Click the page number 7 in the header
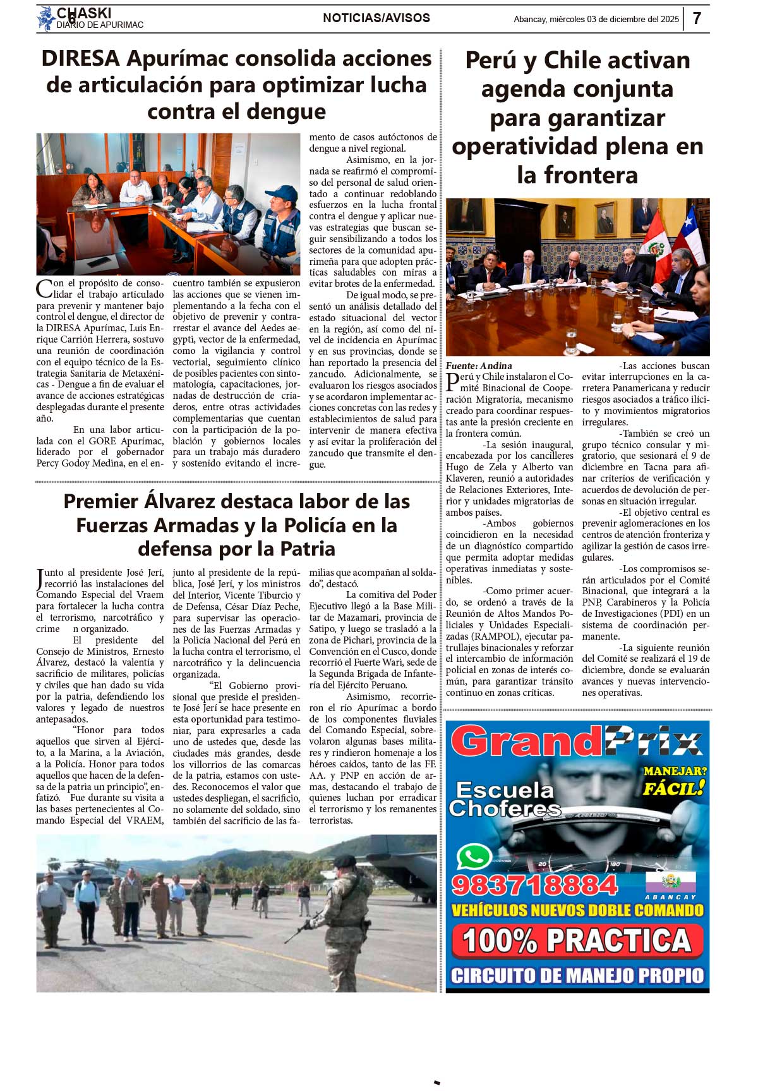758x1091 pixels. coord(697,18)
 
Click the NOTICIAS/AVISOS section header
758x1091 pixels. coord(376,18)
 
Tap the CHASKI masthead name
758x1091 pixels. coord(84,13)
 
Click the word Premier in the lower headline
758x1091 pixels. coord(101,501)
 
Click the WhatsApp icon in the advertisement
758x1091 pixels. coord(474,857)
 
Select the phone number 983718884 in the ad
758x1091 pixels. coord(534,885)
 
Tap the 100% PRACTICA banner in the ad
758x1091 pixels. coord(577,941)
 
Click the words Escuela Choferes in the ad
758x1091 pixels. coord(504,799)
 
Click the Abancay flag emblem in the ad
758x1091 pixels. coord(670,881)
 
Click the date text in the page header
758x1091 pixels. coord(596,19)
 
